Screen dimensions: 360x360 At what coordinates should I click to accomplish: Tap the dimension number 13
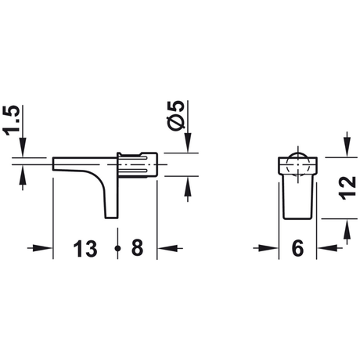click(x=86, y=249)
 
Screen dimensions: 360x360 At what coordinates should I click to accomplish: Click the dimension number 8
click(x=137, y=249)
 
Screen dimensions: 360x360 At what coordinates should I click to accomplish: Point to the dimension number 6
click(x=297, y=249)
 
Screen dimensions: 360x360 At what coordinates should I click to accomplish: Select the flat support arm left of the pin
click(x=78, y=165)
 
